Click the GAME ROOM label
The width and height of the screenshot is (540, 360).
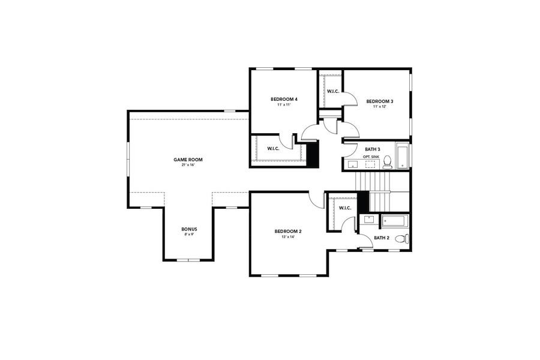(x=188, y=160)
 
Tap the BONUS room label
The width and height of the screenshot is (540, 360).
(x=189, y=229)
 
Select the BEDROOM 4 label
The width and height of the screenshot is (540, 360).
(x=284, y=99)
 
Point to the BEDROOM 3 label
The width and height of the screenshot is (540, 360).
(x=379, y=101)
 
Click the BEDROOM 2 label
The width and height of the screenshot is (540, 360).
(x=288, y=232)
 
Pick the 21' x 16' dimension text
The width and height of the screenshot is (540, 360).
(x=188, y=165)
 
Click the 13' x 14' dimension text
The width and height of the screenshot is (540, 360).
(x=288, y=237)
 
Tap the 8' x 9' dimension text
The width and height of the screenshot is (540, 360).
(x=189, y=235)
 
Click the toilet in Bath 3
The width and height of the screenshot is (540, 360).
(x=388, y=161)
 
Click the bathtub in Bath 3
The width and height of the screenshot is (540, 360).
(x=402, y=155)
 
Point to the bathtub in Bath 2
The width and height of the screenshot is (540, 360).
(x=395, y=220)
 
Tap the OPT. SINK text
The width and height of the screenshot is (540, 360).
(x=371, y=156)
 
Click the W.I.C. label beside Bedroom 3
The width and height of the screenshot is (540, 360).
(x=333, y=91)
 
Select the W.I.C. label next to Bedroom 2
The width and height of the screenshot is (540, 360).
(x=344, y=208)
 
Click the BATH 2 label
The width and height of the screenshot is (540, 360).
(x=382, y=238)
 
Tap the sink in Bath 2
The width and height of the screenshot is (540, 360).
(x=369, y=220)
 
